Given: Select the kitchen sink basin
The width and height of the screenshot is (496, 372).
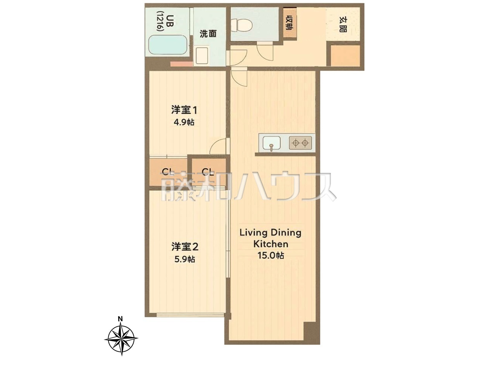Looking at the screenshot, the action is [271, 143].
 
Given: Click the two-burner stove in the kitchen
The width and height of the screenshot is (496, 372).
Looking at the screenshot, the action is [300, 143].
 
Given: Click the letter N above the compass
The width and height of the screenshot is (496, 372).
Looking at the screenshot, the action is [121, 319].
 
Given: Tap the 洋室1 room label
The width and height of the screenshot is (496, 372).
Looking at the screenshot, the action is [184, 110].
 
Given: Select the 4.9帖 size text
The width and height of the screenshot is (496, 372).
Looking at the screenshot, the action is [184, 122].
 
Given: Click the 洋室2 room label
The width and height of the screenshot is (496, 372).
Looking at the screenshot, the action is [185, 247].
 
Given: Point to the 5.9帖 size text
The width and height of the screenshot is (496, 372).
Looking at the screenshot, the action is [184, 259].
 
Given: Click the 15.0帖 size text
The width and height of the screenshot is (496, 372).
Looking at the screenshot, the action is [271, 255].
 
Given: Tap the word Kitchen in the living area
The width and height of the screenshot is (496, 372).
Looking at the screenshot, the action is [271, 244].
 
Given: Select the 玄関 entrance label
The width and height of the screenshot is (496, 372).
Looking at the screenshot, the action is [343, 24].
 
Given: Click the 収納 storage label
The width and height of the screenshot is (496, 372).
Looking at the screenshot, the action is [290, 22].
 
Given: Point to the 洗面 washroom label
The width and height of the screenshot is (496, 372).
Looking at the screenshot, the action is [208, 34].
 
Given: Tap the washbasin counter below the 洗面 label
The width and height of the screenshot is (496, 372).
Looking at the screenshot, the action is [202, 55].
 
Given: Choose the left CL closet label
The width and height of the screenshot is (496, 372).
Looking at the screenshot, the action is [168, 172].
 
